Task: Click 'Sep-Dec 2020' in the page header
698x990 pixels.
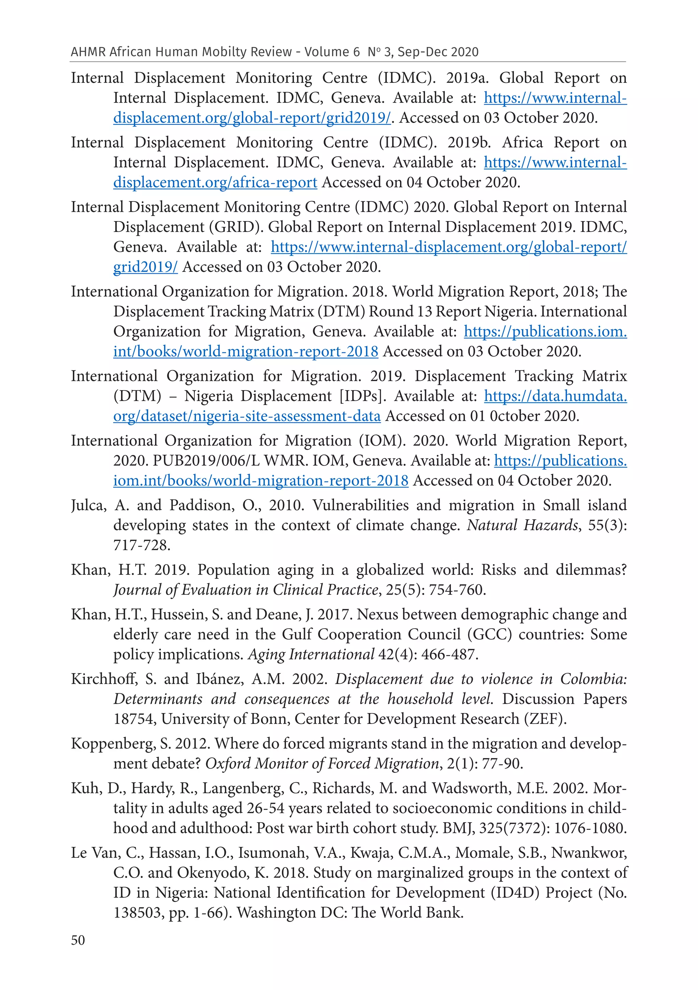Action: click(438, 52)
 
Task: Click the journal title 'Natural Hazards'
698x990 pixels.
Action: click(522, 525)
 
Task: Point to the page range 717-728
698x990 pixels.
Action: click(141, 545)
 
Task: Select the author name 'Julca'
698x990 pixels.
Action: click(88, 505)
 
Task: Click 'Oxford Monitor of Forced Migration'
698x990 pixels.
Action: click(322, 764)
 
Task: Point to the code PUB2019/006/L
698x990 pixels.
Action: click(206, 461)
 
